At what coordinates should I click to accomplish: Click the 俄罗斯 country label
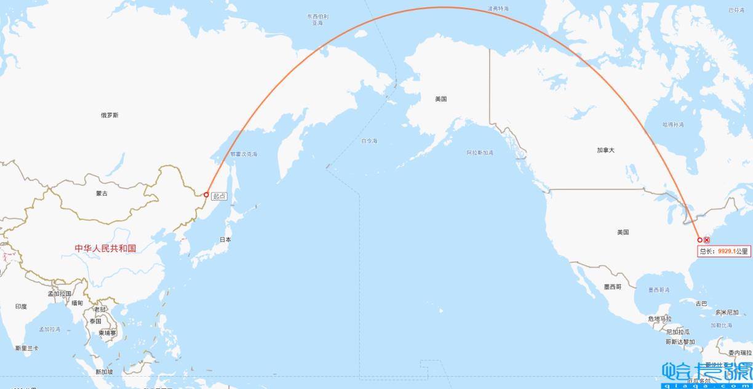[110, 115]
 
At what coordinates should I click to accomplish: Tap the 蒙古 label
[102, 193]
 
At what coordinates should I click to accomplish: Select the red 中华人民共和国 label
[105, 248]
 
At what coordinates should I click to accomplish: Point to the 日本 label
[225, 239]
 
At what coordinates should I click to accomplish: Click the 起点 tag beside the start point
[219, 196]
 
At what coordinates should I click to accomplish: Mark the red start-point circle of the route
[206, 194]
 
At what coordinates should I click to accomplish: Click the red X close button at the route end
[707, 240]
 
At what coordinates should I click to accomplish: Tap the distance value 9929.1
[727, 251]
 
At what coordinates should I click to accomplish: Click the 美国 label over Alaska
[440, 98]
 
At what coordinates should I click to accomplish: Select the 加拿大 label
[605, 150]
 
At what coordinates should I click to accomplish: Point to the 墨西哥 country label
[612, 287]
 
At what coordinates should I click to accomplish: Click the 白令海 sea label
[369, 141]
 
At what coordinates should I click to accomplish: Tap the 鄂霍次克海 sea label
[244, 154]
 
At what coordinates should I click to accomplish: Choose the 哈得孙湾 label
[673, 124]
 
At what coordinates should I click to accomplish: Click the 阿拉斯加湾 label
[479, 152]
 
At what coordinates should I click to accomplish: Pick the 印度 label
[22, 306]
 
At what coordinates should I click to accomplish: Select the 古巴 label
[701, 303]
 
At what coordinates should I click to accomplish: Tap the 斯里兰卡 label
[27, 348]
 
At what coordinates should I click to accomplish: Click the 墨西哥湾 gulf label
[659, 289]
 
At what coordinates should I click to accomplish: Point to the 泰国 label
[95, 321]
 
